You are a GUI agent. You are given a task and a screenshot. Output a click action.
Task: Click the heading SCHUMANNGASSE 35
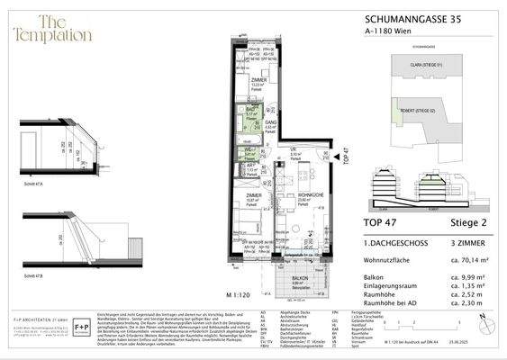click(415, 18)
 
